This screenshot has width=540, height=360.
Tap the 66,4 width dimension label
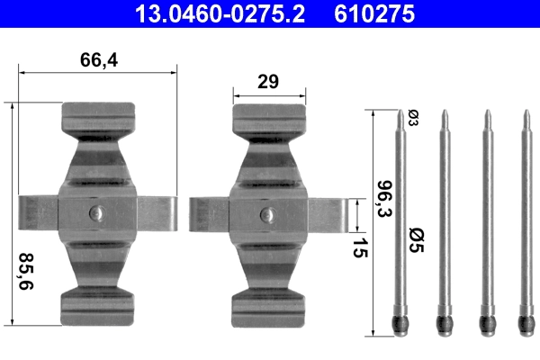click(x=99, y=60)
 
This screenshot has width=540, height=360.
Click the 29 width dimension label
click(x=266, y=82)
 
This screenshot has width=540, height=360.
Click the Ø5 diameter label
click(x=415, y=241)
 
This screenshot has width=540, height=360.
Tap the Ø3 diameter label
click(x=413, y=118)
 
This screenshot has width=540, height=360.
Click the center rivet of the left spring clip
click(x=97, y=214)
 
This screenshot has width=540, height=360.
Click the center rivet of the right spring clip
click(x=266, y=214)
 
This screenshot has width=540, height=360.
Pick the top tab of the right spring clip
click(x=266, y=117)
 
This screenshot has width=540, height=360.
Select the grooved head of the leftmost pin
click(x=400, y=321)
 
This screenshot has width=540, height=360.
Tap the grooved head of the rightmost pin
click(x=526, y=321)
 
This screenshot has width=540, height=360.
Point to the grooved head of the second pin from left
click(x=443, y=321)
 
